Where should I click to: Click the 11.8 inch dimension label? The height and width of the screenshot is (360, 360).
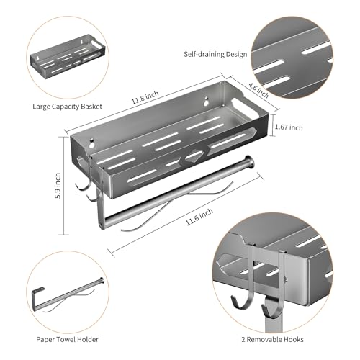145,97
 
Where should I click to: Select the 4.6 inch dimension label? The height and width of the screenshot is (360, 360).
258,90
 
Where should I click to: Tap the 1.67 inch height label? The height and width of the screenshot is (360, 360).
289,127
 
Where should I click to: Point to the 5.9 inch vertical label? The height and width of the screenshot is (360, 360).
58,186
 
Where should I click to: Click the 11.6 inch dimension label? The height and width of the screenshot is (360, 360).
199,217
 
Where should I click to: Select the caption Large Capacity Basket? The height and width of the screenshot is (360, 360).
68,107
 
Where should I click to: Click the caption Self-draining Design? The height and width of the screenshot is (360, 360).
215,54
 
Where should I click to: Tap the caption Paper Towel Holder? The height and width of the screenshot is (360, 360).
68,339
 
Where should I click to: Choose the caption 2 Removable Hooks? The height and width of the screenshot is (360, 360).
272,339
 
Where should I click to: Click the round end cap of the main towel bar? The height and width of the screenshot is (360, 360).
248,161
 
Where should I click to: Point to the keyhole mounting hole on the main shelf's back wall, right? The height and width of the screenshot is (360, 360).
206,101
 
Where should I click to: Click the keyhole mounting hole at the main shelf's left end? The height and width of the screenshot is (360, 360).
91,143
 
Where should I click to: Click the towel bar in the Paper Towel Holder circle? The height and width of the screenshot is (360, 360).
68,295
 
